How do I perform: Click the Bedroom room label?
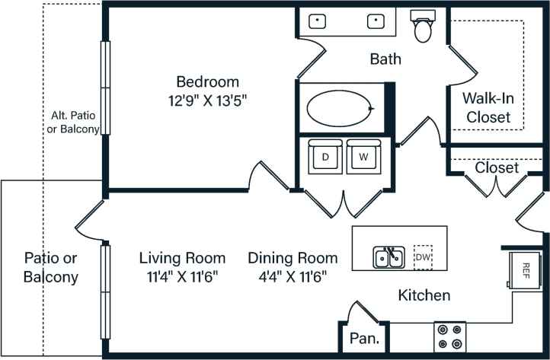[207, 81]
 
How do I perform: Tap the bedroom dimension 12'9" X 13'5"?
[207, 99]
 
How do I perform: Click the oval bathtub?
[341, 108]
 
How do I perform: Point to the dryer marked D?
[325, 158]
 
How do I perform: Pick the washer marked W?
[364, 158]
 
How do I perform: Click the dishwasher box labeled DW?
[423, 257]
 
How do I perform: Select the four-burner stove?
[450, 336]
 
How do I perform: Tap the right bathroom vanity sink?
[376, 21]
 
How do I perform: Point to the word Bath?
[385, 59]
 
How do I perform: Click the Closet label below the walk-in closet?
[497, 167]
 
